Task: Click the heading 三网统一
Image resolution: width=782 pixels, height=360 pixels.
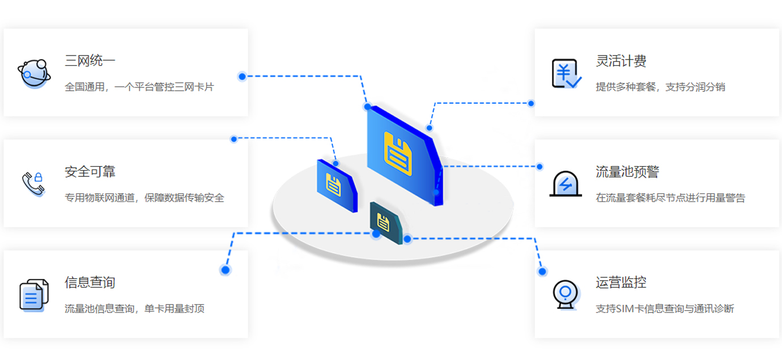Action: tap(90, 61)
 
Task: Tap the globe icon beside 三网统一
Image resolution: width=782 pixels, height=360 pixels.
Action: tap(33, 73)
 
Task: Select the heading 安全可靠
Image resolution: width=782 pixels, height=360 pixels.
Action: tap(90, 171)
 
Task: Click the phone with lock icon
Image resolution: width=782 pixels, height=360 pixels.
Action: tap(33, 184)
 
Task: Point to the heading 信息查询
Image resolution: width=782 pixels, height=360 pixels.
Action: tap(90, 282)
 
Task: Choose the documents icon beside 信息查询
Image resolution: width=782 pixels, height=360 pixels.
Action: tap(33, 295)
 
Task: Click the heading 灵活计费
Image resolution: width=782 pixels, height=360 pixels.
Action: tap(621, 61)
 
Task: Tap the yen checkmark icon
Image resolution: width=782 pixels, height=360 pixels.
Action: tap(566, 74)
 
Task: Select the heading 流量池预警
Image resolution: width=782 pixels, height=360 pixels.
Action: tap(627, 171)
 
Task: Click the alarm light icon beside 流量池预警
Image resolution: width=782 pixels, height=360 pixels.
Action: tap(566, 184)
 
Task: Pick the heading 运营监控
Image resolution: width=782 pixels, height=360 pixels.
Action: tap(621, 282)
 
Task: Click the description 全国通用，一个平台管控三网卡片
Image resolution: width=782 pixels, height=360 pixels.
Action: tap(139, 87)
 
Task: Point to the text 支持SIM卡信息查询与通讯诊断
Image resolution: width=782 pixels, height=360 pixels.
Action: tap(665, 309)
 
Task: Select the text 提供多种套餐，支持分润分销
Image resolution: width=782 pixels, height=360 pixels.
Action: tap(660, 87)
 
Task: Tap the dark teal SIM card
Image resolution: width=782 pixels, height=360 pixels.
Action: tap(385, 223)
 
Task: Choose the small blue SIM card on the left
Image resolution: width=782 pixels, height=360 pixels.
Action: tap(337, 185)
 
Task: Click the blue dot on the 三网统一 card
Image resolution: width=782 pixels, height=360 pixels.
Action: tap(242, 77)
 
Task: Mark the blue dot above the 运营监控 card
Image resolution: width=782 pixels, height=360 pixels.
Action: tap(542, 272)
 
